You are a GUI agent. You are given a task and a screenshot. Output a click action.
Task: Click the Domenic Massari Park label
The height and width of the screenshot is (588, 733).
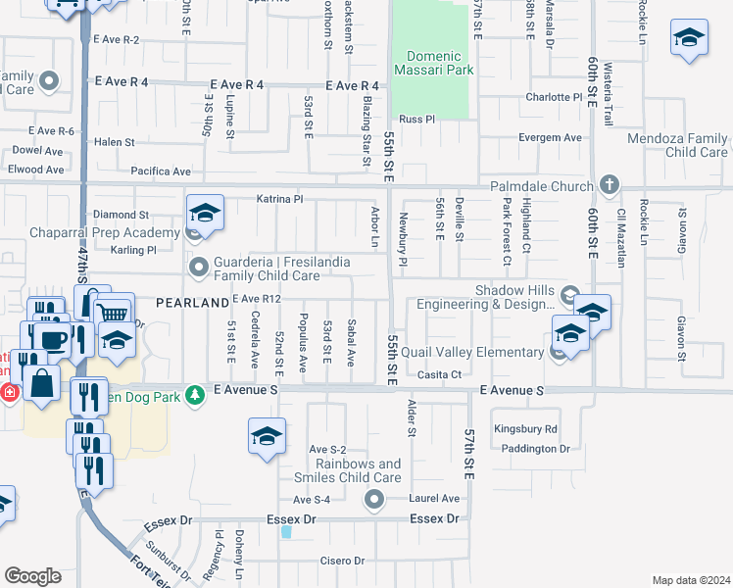point(433,63)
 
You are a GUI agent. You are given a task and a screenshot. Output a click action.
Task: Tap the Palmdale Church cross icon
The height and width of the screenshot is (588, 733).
point(609,184)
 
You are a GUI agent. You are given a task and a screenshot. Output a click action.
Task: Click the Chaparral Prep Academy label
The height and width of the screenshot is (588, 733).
point(91,233)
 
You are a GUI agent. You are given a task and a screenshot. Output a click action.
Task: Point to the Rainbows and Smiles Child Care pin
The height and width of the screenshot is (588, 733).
point(373,501)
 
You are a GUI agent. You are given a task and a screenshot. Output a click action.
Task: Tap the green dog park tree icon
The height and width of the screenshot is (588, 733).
point(195,393)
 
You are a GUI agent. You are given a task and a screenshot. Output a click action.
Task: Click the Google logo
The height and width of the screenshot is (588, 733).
point(32,576)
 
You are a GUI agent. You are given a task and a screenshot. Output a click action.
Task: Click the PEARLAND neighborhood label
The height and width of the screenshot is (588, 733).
point(191,304)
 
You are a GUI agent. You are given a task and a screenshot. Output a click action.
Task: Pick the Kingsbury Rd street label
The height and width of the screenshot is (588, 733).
point(525,429)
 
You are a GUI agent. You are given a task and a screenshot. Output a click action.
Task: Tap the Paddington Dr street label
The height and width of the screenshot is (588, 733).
point(534,449)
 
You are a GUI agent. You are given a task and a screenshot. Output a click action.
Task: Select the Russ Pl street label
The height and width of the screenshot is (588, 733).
point(416,119)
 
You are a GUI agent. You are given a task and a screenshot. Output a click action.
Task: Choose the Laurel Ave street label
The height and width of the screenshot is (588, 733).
point(436,499)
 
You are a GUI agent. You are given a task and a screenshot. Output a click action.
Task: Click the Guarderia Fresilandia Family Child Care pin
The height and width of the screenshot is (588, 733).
point(199,266)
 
